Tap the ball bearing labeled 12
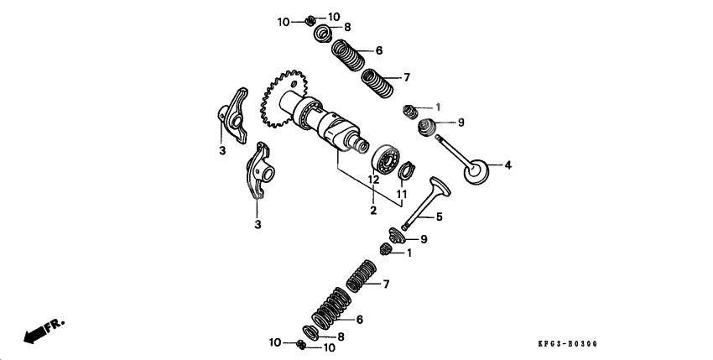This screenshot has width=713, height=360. click(387, 159)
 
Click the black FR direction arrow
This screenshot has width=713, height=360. click(35, 334)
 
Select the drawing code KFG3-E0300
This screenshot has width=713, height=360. click(574, 344)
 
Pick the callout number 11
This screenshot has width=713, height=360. click(401, 194)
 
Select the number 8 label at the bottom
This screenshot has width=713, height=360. click(341, 337)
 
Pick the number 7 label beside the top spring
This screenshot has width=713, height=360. click(406, 77)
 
